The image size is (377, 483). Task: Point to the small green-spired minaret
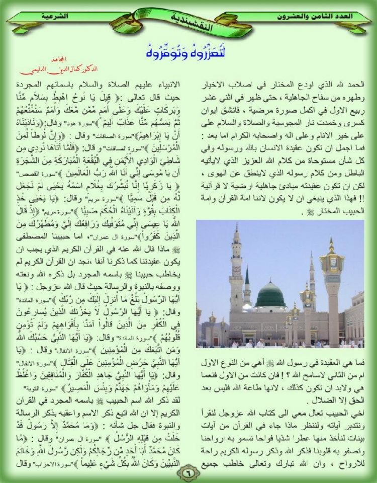pos(247,287)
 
